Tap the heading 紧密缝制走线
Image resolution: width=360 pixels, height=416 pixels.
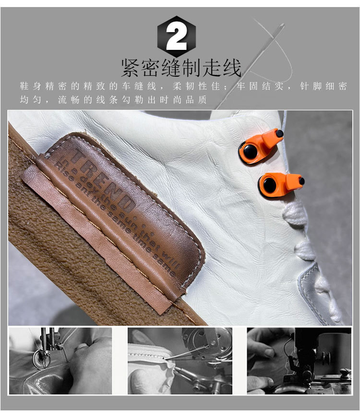[x=181, y=68]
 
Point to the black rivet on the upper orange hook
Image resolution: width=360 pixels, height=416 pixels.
[x=248, y=152]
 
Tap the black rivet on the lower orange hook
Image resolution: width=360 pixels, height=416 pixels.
[x=270, y=184]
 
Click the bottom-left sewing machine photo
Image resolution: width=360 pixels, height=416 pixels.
[x=60, y=361]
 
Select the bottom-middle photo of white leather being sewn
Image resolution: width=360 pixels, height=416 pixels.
[x=180, y=361]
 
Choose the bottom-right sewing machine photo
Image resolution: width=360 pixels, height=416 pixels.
[x=299, y=361]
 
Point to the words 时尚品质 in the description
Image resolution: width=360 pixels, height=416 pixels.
[x=190, y=100]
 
